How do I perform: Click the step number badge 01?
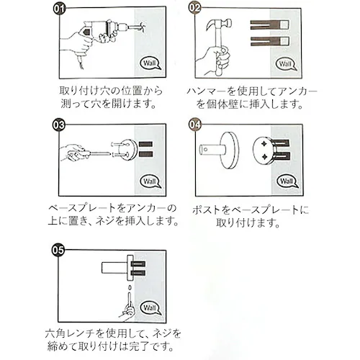[x=59, y=9]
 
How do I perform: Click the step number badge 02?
[x=194, y=8]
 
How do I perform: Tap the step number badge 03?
[x=59, y=125]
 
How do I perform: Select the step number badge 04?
[x=194, y=125]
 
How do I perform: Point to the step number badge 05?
[x=58, y=251]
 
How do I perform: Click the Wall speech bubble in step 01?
[x=150, y=63]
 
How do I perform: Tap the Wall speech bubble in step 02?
[x=286, y=64]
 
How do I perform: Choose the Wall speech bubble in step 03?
[x=150, y=181]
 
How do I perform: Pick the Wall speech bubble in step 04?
[x=287, y=181]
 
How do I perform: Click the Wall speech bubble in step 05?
[x=150, y=308]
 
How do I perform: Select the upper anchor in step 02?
[x=269, y=25]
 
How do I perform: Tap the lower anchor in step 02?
[x=269, y=42]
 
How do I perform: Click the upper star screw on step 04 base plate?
[x=264, y=144]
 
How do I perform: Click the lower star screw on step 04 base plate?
[x=264, y=157]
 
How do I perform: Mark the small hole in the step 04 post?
[x=205, y=150]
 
